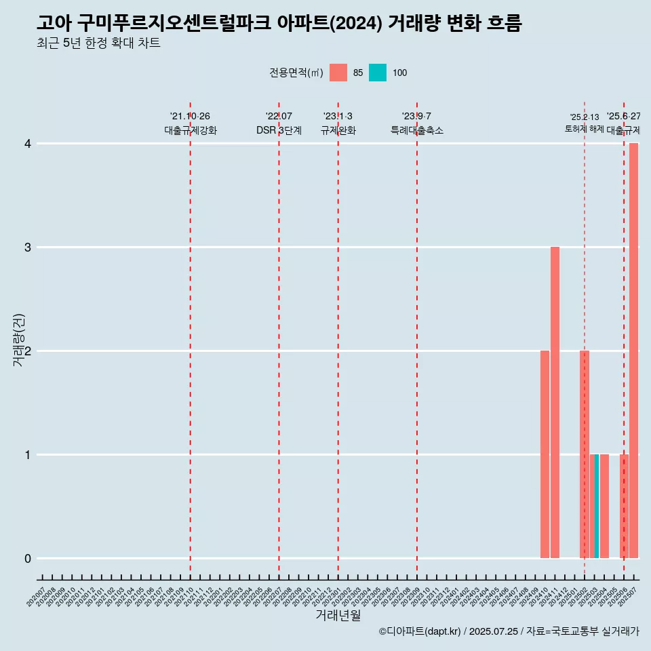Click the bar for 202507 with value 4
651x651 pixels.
(633, 351)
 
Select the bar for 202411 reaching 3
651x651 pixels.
(555, 402)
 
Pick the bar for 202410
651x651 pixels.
(545, 454)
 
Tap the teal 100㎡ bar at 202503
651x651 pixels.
(597, 506)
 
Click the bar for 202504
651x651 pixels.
(604, 506)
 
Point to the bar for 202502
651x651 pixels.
(585, 454)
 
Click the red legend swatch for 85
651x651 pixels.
(338, 73)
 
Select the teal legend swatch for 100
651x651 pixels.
(378, 73)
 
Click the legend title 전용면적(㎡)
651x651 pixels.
(296, 73)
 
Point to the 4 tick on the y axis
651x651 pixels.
(28, 144)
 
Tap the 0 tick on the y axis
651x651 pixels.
(28, 558)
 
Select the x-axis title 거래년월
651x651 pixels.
(338, 616)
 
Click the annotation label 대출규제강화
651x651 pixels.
(191, 130)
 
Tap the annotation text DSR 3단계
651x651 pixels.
(279, 130)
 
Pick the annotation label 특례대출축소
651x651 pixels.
(417, 130)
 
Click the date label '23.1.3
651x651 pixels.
(338, 117)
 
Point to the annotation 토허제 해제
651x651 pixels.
(584, 129)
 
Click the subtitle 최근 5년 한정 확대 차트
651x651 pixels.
(98, 43)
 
